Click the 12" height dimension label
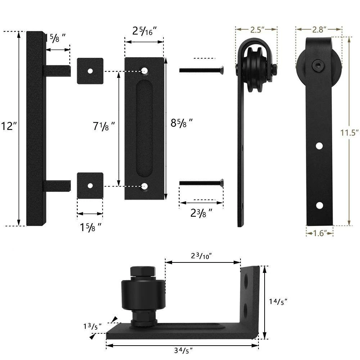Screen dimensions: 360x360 pyautogui.click(x=9, y=127)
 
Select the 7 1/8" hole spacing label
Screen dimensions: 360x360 pyautogui.click(x=104, y=127)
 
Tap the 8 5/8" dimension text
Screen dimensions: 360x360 pyautogui.click(x=181, y=123)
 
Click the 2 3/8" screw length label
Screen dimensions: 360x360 pyautogui.click(x=201, y=213)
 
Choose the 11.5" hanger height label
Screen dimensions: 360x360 pyautogui.click(x=350, y=132)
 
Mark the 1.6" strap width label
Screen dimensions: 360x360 pyautogui.click(x=320, y=233)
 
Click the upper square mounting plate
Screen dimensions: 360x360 pyautogui.click(x=90, y=71)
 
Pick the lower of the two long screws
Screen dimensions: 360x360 pyautogui.click(x=202, y=184)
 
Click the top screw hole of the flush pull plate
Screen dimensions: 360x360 pyautogui.click(x=145, y=70)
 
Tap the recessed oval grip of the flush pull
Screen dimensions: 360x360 pyautogui.click(x=145, y=129)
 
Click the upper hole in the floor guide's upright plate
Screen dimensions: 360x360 pyautogui.click(x=246, y=281)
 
